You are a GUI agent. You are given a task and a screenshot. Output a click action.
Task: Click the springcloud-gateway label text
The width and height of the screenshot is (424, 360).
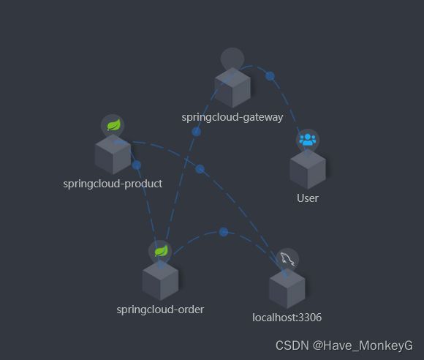pos(232,118)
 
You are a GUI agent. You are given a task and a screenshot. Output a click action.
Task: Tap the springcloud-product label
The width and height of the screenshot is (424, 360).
pos(113,184)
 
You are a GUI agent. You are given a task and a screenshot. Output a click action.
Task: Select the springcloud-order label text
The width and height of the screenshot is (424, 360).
pos(160,310)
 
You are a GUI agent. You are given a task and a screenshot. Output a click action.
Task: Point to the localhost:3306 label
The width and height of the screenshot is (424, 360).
pos(287,318)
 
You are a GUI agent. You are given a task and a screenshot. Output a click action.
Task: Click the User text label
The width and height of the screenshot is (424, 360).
pos(308,198)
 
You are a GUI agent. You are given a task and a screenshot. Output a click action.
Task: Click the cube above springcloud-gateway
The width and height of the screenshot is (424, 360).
pos(232,88)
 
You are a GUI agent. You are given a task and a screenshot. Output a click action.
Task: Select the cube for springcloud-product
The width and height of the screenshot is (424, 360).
pos(113,154)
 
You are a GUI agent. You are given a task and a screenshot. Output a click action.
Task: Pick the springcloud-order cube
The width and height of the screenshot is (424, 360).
pos(160,280)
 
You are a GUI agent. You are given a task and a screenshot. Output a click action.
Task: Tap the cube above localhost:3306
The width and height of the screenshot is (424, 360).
pos(287,288)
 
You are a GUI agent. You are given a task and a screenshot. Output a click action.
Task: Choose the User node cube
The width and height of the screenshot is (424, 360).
pos(308,169)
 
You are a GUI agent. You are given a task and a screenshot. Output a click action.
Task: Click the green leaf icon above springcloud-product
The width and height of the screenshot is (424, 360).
pos(113,125)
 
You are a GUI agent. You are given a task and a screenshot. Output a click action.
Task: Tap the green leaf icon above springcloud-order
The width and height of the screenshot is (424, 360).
pos(161,251)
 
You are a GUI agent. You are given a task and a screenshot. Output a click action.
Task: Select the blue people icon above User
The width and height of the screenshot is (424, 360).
pos(308,140)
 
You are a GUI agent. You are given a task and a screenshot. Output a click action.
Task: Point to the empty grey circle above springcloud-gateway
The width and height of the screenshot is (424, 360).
pos(232,59)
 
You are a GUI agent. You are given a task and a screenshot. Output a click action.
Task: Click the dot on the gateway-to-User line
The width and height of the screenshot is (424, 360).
pos(270,76)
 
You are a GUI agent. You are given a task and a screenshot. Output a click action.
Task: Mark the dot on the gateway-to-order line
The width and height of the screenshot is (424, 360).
pos(197,132)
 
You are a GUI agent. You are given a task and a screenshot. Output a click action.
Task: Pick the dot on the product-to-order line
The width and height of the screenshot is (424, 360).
pos(136,165)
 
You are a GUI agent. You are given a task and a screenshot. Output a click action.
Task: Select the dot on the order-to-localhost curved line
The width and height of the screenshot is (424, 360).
pos(224,232)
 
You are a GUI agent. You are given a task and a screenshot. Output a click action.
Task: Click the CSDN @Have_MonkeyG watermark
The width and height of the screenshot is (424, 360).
pos(344,345)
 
